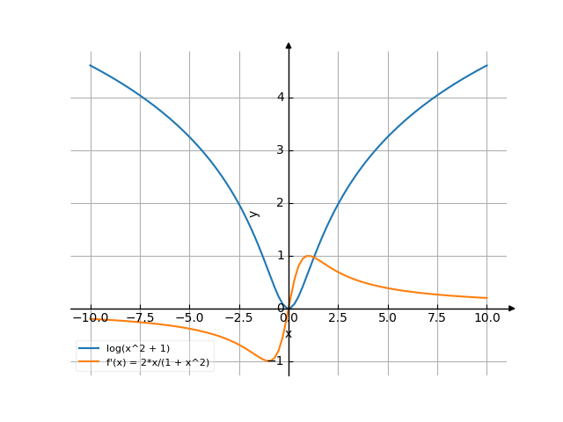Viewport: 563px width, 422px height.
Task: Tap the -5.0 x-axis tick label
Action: tap(189, 317)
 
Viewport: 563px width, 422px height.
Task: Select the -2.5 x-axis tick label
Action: tap(238, 317)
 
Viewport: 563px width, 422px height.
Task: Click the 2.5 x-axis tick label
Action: tap(338, 317)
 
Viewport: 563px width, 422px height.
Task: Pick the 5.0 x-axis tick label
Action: tap(388, 317)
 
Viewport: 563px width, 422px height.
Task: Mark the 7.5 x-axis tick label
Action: tap(437, 317)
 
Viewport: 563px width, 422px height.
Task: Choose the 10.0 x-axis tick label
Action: tap(486, 317)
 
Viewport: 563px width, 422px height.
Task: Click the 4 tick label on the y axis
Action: tap(281, 98)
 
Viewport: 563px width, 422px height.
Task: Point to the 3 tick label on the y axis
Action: tap(281, 150)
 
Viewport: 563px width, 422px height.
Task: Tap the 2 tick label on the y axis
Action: tap(281, 203)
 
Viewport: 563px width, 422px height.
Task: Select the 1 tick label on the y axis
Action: tap(281, 256)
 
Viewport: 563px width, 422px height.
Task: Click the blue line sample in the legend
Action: tap(89, 349)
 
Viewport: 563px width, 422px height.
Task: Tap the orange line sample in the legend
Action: tap(89, 361)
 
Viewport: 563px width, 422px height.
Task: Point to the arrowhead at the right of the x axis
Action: tap(512, 309)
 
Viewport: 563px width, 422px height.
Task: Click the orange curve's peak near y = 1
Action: tap(308, 256)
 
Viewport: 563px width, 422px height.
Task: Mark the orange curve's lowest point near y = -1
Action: tap(268, 361)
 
